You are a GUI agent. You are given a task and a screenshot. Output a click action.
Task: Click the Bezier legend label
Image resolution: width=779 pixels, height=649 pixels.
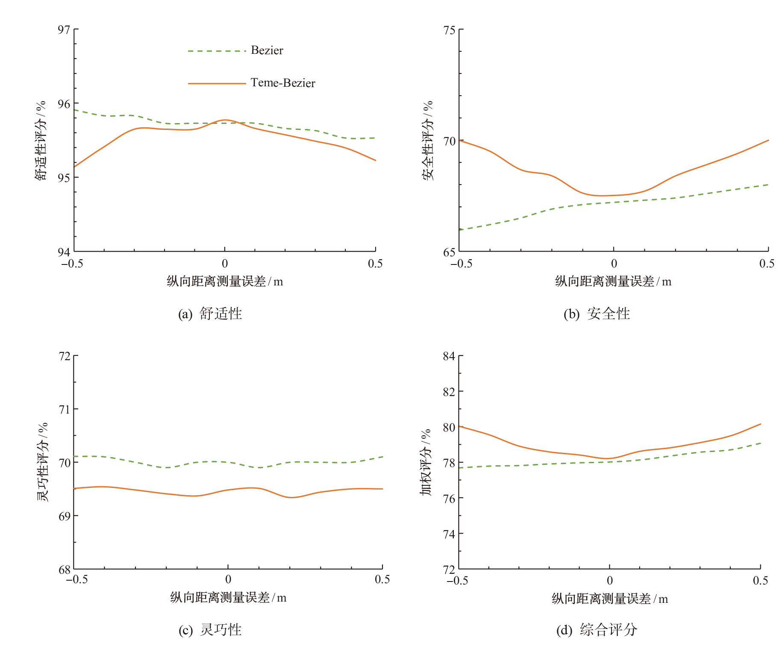point(267,50)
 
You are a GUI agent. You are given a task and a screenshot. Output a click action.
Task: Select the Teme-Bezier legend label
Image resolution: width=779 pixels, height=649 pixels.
point(282,83)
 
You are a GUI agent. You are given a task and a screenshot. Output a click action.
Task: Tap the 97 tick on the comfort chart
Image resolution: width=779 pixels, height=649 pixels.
point(64,29)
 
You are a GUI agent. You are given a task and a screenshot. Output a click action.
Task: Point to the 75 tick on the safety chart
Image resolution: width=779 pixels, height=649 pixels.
point(450,30)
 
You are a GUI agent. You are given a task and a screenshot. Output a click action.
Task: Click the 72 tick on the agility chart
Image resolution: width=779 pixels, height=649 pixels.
point(65,356)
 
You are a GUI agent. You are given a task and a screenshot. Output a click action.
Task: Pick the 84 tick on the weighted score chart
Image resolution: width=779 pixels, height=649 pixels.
point(449,356)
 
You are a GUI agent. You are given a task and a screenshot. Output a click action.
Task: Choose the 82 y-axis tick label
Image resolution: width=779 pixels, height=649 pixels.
point(449,392)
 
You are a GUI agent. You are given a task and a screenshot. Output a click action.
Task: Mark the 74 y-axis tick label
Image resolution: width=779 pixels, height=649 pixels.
point(449,534)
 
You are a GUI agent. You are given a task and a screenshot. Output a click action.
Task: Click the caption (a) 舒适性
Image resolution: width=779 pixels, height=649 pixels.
point(210,314)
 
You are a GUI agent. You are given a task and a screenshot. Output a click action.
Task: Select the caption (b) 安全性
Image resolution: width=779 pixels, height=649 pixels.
point(597,314)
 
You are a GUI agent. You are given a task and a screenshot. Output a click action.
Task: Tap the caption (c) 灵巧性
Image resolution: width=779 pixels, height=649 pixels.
point(210,630)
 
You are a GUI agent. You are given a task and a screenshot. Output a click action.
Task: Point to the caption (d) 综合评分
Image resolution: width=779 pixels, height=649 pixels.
point(597,630)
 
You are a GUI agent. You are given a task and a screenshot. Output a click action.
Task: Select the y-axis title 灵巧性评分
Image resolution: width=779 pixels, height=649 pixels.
point(43,462)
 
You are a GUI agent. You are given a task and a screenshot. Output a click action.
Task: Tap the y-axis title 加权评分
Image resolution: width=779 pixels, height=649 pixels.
point(426,462)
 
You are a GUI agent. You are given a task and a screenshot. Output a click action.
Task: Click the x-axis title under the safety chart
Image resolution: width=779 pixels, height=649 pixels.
point(613,282)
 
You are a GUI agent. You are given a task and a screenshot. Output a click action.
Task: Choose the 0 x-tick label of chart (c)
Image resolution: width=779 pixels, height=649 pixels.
point(228,579)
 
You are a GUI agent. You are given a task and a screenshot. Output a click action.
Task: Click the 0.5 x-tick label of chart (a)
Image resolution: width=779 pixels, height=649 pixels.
point(375,264)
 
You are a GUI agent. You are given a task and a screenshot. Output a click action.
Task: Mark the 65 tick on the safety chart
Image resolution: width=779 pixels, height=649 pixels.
point(450,252)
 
